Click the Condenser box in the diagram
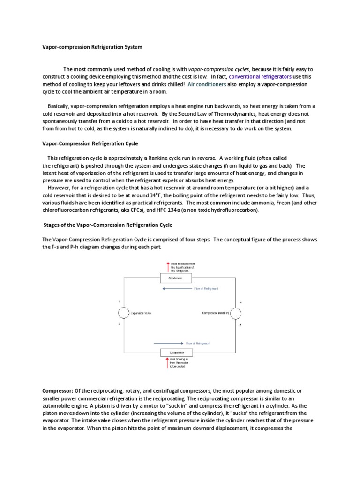[x=176, y=278]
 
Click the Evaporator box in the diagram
[x=176, y=352]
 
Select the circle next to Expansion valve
[x=123, y=313]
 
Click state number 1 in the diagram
[x=120, y=301]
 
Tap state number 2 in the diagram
[x=120, y=324]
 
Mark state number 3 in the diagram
[x=240, y=325]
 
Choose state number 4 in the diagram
[x=240, y=302]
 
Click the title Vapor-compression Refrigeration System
[x=92, y=47]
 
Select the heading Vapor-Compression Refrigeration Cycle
[x=90, y=143]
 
